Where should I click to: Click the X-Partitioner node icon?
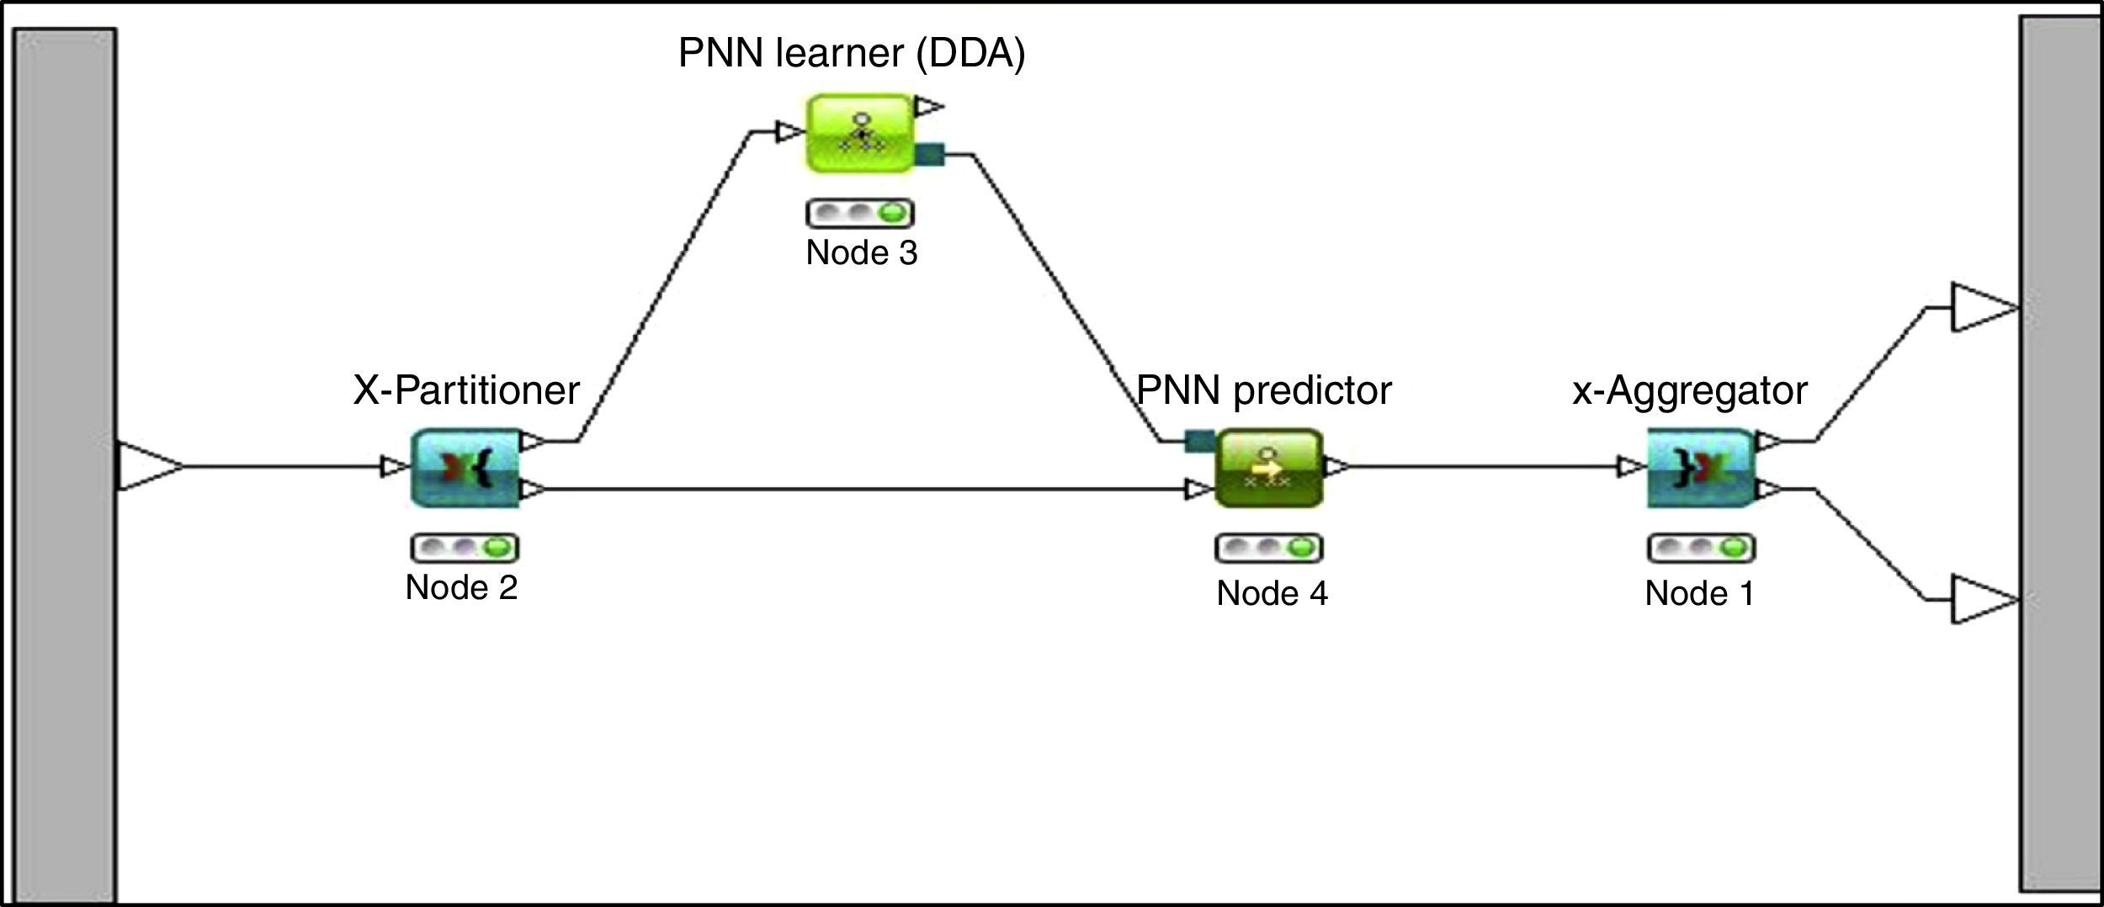click(465, 468)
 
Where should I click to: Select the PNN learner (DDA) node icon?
click(860, 133)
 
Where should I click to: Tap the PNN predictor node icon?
click(1269, 468)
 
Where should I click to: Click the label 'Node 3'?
click(861, 252)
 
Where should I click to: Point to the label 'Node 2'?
click(461, 587)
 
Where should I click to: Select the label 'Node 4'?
click(1272, 593)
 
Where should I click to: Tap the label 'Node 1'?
click(1699, 593)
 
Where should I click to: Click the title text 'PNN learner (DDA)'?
click(852, 53)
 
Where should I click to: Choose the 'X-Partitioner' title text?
click(466, 390)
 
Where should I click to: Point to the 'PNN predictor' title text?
click(1264, 390)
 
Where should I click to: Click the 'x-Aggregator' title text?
click(1690, 390)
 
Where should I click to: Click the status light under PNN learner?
click(860, 213)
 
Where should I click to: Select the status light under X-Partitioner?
click(465, 548)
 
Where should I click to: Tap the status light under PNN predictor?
click(1269, 549)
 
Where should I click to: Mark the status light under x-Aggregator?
click(1701, 549)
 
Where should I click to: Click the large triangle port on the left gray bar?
click(148, 466)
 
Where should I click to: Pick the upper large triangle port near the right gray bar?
click(1982, 308)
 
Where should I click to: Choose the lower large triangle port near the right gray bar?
click(1982, 600)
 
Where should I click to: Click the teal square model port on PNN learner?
click(930, 154)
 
